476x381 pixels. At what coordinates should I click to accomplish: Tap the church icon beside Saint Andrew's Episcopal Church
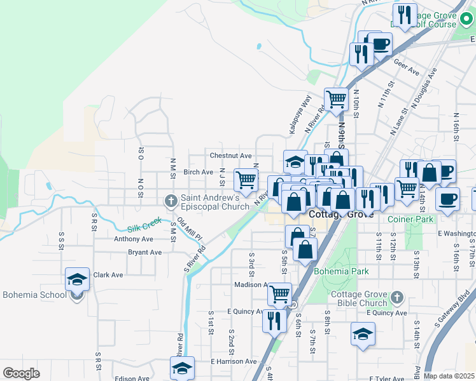tap(171, 201)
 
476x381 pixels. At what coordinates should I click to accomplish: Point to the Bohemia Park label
tap(342, 271)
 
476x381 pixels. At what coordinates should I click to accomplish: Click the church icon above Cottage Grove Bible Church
tap(396, 297)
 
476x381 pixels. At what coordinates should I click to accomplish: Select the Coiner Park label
tap(410, 219)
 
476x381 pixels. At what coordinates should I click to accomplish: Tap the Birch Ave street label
tap(198, 172)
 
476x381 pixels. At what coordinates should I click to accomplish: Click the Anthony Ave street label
tap(134, 239)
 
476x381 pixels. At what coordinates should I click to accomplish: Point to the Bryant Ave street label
tap(144, 252)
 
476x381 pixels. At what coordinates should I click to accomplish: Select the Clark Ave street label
tap(108, 276)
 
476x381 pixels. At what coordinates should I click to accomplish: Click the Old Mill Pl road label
tap(190, 229)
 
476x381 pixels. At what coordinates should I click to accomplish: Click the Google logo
tap(22, 373)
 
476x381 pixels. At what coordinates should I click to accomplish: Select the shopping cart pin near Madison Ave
tap(280, 294)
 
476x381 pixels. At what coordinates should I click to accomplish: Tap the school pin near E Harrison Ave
tap(182, 368)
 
